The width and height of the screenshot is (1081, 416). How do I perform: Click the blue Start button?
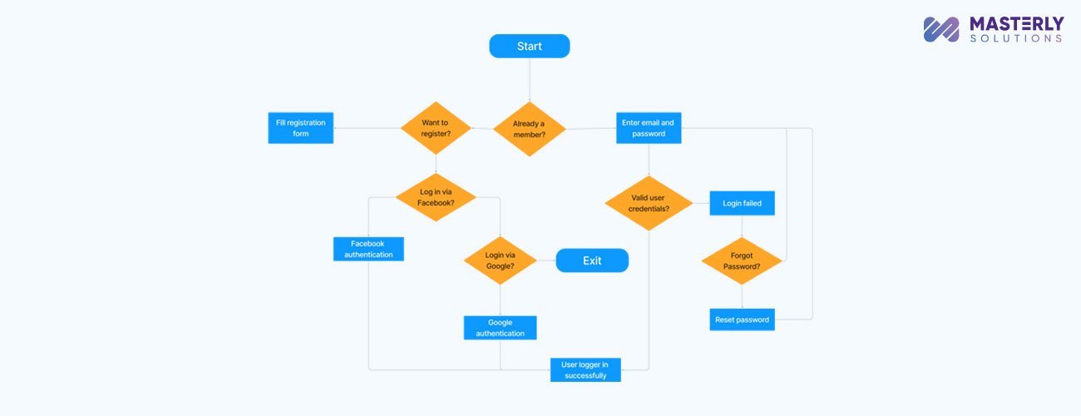pos(529,46)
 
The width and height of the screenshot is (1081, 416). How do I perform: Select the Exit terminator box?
pos(591,260)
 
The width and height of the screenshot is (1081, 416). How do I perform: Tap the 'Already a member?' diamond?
pos(529,129)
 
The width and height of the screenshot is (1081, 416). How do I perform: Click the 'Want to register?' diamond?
pos(436,128)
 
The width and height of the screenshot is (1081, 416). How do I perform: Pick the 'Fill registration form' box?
pos(300,128)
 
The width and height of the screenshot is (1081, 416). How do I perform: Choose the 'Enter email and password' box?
pos(649,128)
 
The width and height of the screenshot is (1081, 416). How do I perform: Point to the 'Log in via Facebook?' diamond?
pos(436,197)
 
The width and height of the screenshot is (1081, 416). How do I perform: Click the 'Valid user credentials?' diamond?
pos(649,203)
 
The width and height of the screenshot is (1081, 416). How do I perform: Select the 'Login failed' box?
pos(742,203)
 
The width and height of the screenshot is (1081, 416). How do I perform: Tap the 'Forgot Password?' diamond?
pos(742,261)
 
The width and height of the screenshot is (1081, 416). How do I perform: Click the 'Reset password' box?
pos(742,319)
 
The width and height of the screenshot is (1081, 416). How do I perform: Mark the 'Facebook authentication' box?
pos(368,250)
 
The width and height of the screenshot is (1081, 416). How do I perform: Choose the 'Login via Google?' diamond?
pos(500,260)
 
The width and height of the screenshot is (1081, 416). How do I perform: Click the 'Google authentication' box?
pos(500,328)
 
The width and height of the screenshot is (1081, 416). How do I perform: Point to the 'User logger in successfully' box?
pos(585,369)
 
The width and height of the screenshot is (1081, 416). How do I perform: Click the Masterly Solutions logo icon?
pos(941,29)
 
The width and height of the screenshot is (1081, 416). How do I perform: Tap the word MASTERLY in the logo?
pos(1016,24)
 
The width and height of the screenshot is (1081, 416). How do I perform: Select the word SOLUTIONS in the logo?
pos(1016,39)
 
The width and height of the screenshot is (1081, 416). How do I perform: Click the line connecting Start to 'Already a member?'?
pos(529,80)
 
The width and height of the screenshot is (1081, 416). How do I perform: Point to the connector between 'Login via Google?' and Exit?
pos(545,260)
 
